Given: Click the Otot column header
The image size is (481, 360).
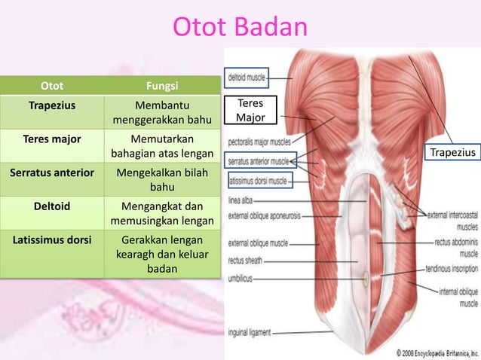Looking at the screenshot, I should coord(51,86).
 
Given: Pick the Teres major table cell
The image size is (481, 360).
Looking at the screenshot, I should coord(51,139).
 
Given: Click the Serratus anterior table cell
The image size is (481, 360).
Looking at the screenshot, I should coord(51,172).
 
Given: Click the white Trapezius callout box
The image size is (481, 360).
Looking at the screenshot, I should coord(452,154).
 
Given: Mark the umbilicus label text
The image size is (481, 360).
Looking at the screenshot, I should coord(243,278).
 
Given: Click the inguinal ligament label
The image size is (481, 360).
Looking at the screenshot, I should coord(250,331).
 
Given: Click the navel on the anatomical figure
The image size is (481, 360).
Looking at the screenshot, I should coord(367,277).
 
